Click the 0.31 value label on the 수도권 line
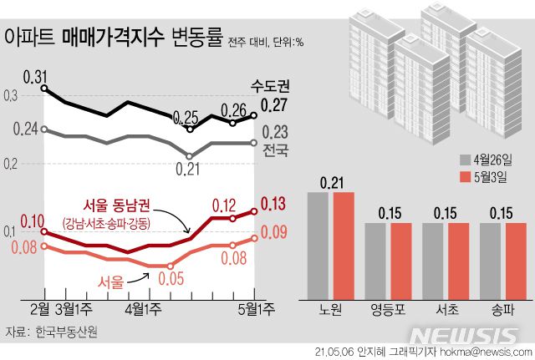click(x=35, y=77)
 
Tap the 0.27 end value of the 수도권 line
click(x=274, y=106)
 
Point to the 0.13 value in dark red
click(x=274, y=202)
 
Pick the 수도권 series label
click(x=270, y=86)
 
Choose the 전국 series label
click(x=275, y=150)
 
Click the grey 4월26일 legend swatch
click(x=464, y=159)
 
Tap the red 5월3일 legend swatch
click(x=464, y=177)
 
